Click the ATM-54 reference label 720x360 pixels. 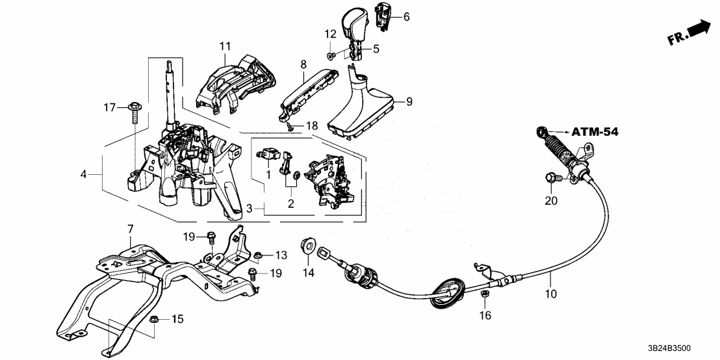595,132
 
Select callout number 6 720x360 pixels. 407,17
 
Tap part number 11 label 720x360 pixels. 225,46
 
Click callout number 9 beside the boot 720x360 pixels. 409,101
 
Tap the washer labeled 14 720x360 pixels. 305,246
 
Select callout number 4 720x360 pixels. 83,174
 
